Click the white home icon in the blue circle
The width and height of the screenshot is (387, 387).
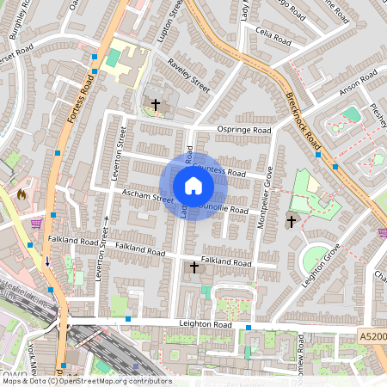click(193, 186)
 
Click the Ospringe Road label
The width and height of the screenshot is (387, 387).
click(243, 131)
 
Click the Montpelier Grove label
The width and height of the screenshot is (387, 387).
click(267, 195)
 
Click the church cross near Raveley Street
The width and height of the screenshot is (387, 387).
click(156, 105)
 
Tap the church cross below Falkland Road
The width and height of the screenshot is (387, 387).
click(193, 268)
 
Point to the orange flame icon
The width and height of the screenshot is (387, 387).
click(21, 194)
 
